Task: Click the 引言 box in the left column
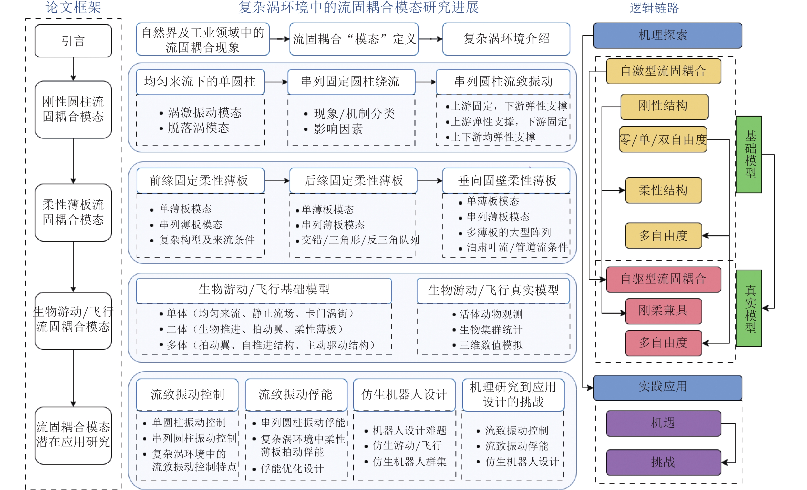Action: click(73, 41)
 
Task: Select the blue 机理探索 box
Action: click(667, 35)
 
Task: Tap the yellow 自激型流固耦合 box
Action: click(663, 71)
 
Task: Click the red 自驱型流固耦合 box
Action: click(663, 279)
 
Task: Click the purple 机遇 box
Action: click(663, 423)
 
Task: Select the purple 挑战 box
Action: click(663, 462)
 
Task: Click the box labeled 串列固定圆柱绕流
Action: click(351, 81)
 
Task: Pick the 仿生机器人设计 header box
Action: click(404, 395)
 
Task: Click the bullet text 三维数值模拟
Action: click(491, 345)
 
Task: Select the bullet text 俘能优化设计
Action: click(292, 469)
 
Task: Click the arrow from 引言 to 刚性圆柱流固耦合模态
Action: click(73, 69)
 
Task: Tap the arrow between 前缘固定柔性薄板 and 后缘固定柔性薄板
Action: click(277, 180)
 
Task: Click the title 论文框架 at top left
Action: click(73, 7)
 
